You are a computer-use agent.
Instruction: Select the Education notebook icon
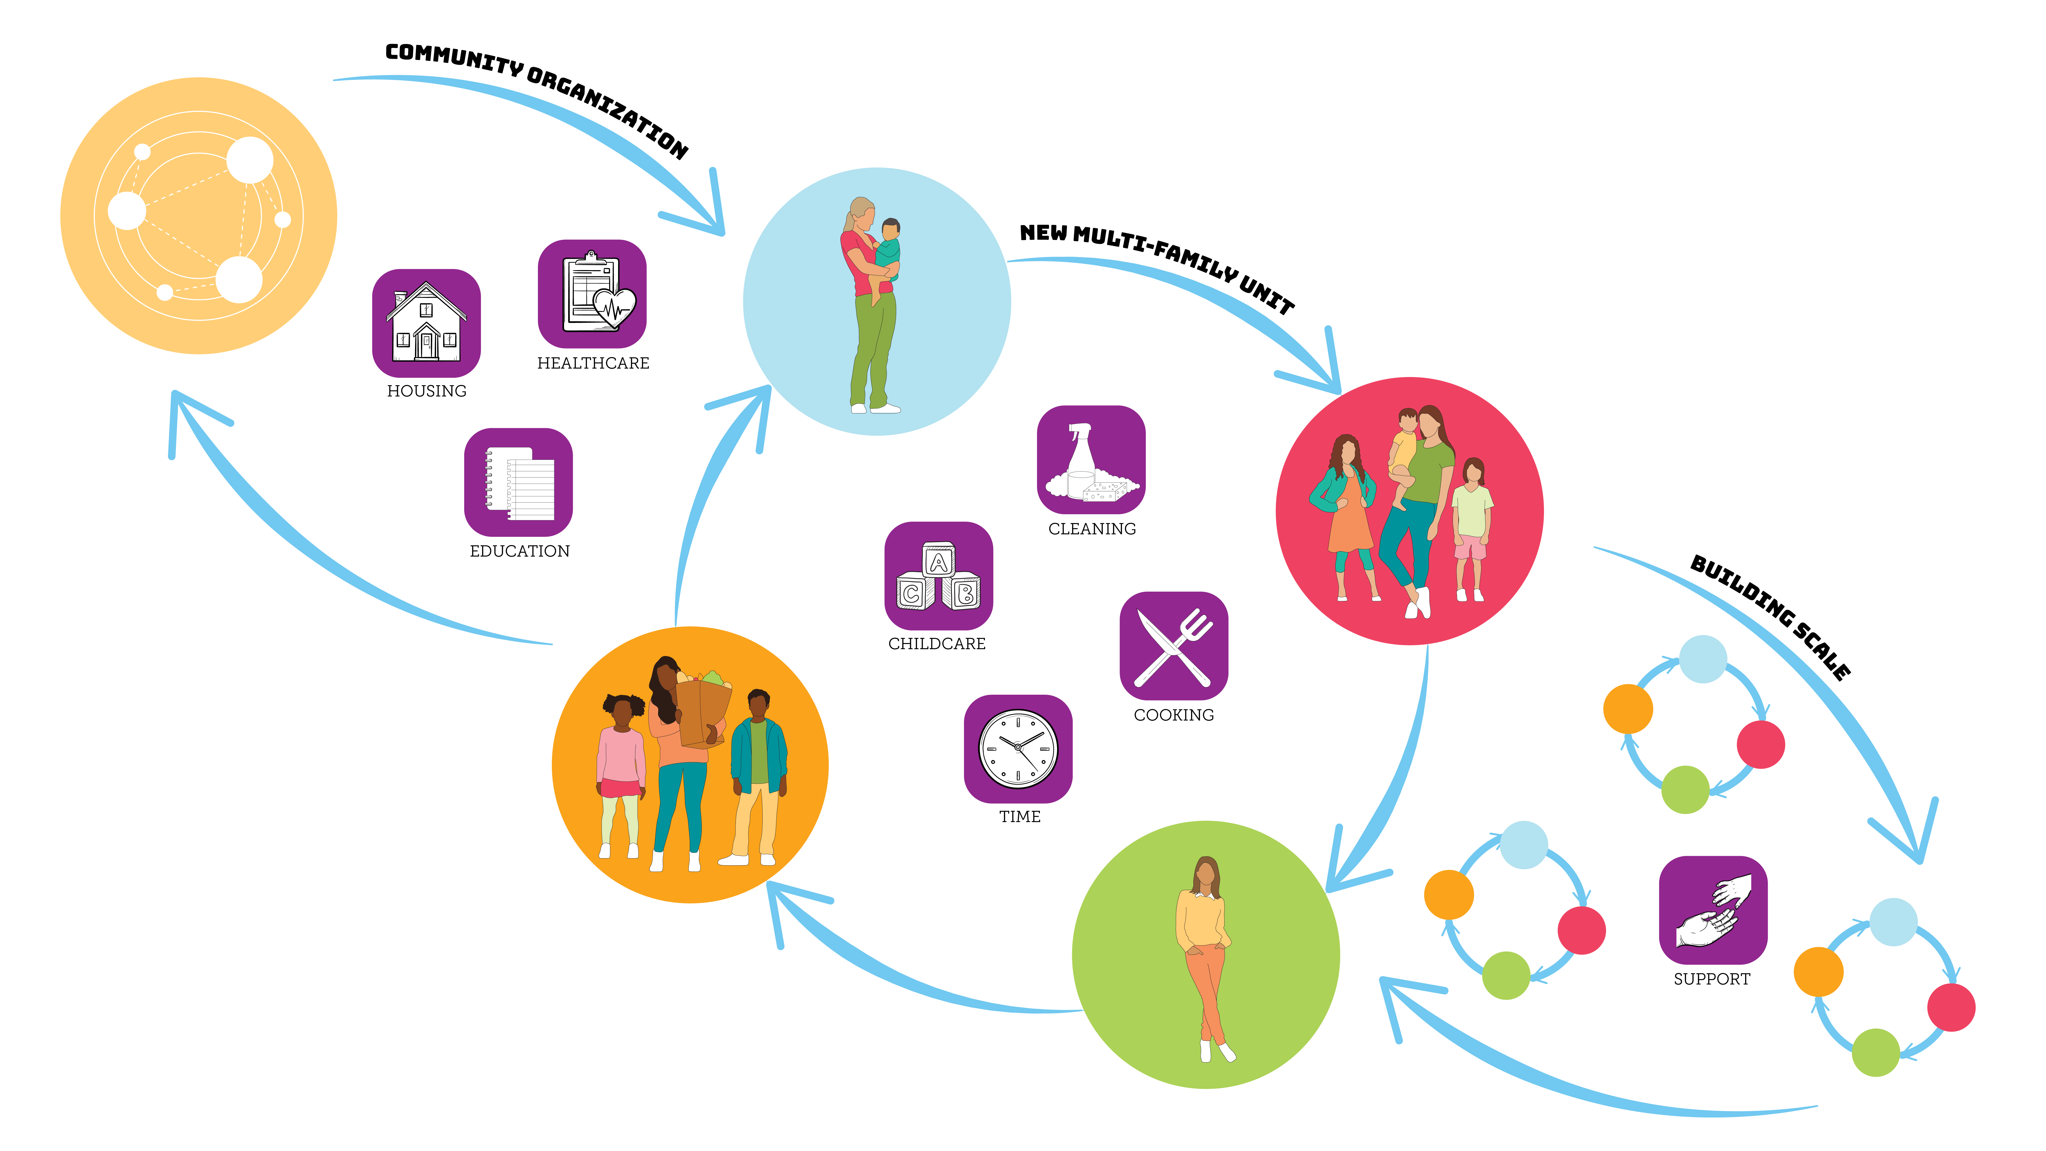pyautogui.click(x=518, y=482)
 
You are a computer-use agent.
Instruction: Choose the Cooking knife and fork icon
pyautogui.click(x=1173, y=645)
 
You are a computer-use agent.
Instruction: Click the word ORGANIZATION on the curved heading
pyautogui.click(x=608, y=111)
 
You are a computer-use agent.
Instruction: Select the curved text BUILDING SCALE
pyautogui.click(x=1771, y=616)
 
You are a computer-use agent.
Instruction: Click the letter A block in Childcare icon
pyautogui.click(x=939, y=562)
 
